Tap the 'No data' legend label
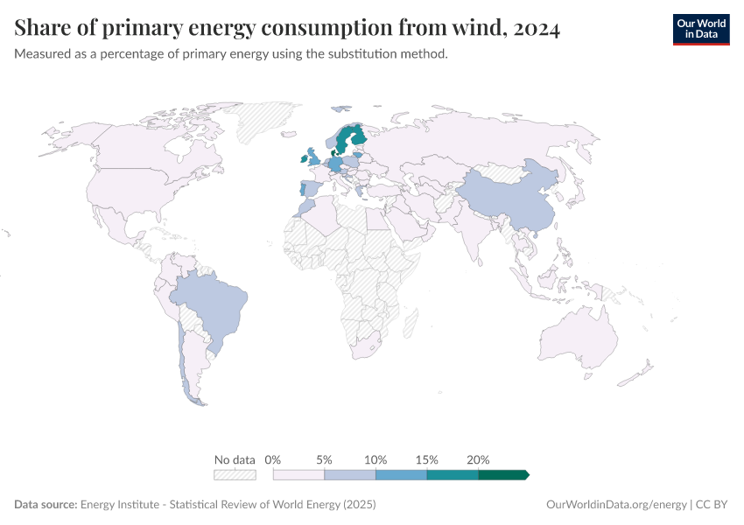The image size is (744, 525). click(x=235, y=459)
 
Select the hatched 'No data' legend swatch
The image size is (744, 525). click(x=235, y=474)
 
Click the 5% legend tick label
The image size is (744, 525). click(x=324, y=459)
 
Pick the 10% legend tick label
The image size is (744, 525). click(x=376, y=459)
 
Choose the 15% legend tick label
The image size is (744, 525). click(x=427, y=459)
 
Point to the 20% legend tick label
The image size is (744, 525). click(x=478, y=459)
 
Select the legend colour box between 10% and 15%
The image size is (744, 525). click(x=401, y=474)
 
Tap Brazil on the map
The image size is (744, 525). click(x=214, y=306)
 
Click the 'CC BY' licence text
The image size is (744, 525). click(x=713, y=505)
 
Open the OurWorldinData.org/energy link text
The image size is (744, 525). click(x=615, y=505)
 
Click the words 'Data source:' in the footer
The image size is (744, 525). click(x=46, y=505)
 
